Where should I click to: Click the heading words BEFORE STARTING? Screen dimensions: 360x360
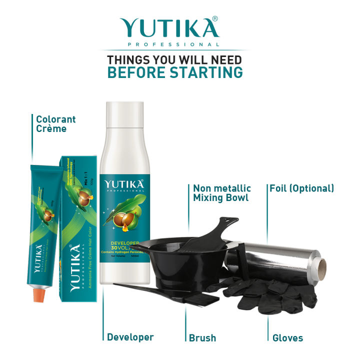pyautogui.click(x=175, y=72)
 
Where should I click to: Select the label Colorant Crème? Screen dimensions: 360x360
pyautogui.click(x=56, y=124)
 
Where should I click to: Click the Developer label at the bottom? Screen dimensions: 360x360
pyautogui.click(x=130, y=337)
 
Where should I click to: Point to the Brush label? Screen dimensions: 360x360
pyautogui.click(x=202, y=338)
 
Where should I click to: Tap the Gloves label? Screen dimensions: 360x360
pyautogui.click(x=287, y=338)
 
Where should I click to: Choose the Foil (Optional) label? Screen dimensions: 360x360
pyautogui.click(x=301, y=188)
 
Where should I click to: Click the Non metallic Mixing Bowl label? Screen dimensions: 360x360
pyautogui.click(x=222, y=193)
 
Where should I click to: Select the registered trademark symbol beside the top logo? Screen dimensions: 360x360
pyautogui.click(x=214, y=19)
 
